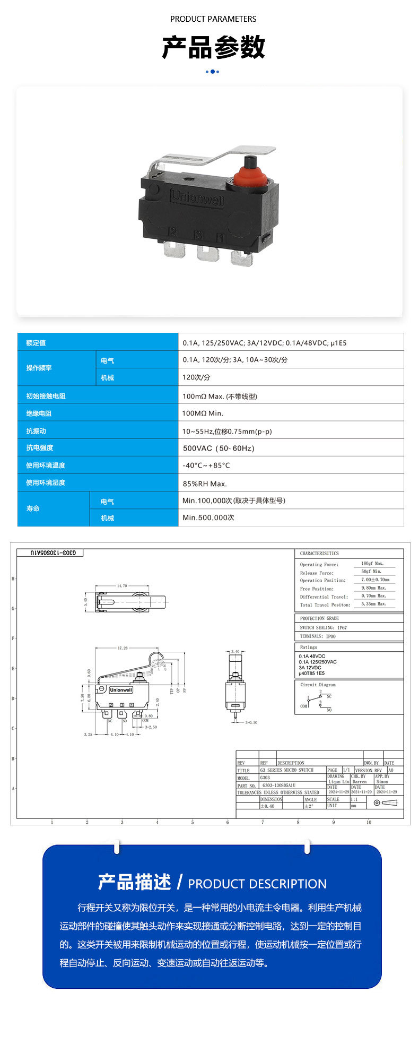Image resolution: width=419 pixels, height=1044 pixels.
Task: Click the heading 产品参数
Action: (213, 47)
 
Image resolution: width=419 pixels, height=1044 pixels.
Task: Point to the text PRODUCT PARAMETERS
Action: (213, 19)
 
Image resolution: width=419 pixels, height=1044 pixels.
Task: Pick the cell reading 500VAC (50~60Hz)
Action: (219, 448)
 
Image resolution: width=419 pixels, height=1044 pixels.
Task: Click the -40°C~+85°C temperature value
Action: (206, 465)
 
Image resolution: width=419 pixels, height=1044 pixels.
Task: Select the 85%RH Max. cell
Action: (205, 484)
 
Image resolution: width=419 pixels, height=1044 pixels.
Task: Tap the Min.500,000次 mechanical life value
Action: (208, 517)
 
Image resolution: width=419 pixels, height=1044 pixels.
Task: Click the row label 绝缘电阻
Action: (39, 413)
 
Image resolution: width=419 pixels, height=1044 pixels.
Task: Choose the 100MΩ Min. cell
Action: (203, 413)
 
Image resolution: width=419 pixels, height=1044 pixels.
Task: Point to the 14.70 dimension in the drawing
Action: (122, 586)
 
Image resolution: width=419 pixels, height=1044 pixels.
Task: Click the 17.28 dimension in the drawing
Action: (123, 648)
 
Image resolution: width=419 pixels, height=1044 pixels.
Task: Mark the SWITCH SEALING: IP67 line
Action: (324, 627)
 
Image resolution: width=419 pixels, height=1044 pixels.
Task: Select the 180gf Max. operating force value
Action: (372, 563)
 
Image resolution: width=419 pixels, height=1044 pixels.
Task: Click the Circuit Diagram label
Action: (318, 685)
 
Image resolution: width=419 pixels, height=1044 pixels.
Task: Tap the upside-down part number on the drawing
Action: (50, 553)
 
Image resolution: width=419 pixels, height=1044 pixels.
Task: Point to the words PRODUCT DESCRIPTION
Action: (257, 884)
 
